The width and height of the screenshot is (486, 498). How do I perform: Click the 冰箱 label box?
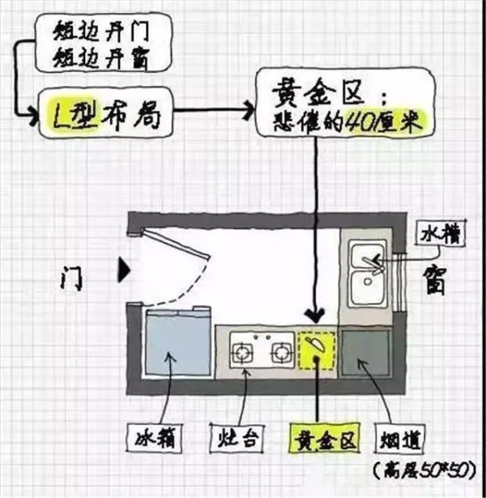pyautogui.click(x=155, y=439)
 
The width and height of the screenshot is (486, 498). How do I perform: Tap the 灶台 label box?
pyautogui.click(x=237, y=438)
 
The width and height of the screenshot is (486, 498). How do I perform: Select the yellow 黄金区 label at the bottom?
pyautogui.click(x=324, y=438)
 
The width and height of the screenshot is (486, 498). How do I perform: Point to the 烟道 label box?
pyautogui.click(x=400, y=439)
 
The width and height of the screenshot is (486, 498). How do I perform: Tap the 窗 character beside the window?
pyautogui.click(x=435, y=281)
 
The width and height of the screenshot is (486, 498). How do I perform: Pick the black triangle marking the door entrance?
pyautogui.click(x=124, y=270)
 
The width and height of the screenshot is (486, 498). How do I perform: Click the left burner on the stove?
pyautogui.click(x=242, y=352)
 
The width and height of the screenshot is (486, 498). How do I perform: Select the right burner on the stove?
pyautogui.click(x=282, y=352)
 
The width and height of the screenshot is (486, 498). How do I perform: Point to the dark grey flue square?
pyautogui.click(x=366, y=352)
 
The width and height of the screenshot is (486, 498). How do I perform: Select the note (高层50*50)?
pyautogui.click(x=425, y=470)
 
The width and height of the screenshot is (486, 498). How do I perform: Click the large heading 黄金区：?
pyautogui.click(x=330, y=93)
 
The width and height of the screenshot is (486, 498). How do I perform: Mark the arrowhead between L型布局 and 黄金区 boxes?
pyautogui.click(x=249, y=110)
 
